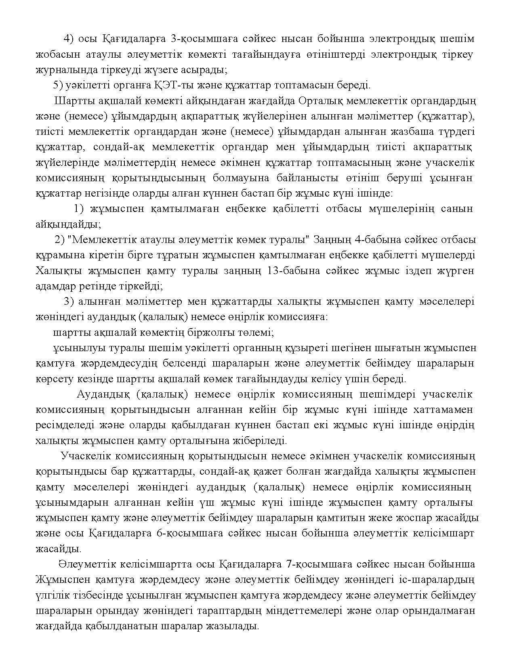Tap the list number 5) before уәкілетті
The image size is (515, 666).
click(x=59, y=85)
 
